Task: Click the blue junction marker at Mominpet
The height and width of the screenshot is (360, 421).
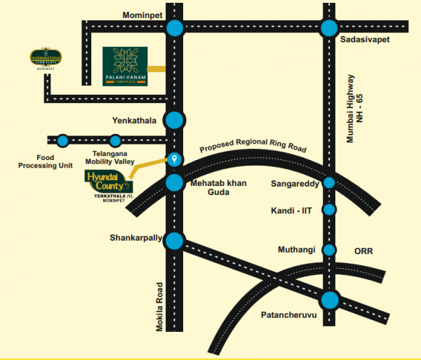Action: pos(175,28)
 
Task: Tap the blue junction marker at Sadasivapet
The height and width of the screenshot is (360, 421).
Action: pos(328,28)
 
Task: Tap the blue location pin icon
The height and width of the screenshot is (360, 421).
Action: pos(175,159)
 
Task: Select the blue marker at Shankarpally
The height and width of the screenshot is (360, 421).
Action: pos(175,241)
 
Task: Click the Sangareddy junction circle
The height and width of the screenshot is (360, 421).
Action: pos(328,184)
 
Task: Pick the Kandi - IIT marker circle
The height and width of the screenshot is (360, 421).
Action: pos(328,209)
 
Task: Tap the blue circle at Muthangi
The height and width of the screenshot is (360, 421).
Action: pos(328,250)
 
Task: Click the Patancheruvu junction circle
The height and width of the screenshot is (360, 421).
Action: pos(329,300)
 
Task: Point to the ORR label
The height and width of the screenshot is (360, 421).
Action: pos(365,251)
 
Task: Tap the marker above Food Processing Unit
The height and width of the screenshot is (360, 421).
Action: pos(63,140)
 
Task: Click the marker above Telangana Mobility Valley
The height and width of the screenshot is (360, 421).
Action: pos(116,140)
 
